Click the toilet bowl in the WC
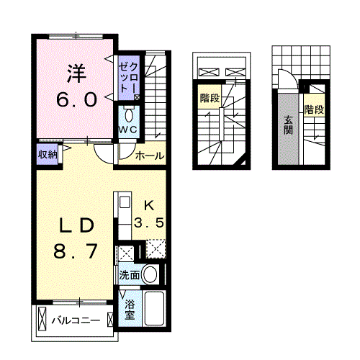tap(129, 115)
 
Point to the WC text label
tap(129, 130)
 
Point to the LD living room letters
tap(75, 225)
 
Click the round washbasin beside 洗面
tap(150, 274)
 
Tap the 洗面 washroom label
tap(129, 274)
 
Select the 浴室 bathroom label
tap(130, 310)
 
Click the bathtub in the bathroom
tap(155, 309)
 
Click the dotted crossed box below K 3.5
tap(156, 250)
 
